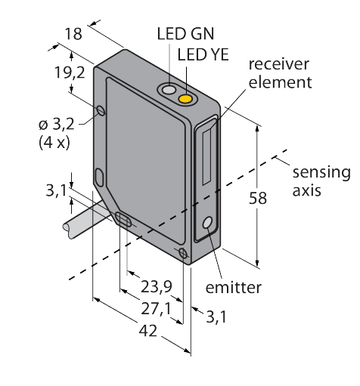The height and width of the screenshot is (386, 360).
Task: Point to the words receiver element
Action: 280,73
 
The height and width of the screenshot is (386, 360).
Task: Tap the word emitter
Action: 234,287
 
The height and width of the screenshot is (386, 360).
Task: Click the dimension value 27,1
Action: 156,309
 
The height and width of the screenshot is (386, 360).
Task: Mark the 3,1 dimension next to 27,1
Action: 216,318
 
